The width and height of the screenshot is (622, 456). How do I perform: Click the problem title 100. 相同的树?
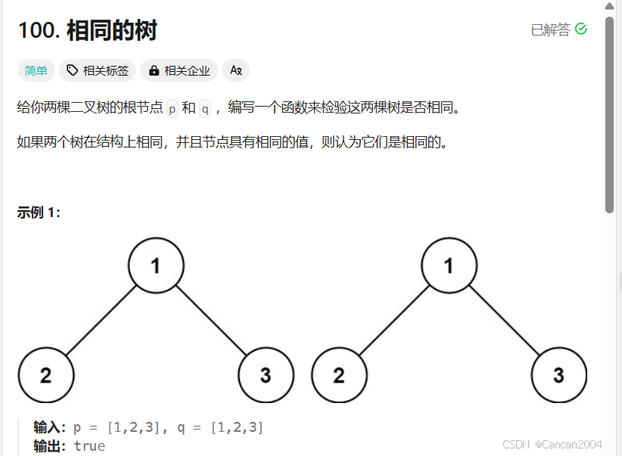pyautogui.click(x=87, y=31)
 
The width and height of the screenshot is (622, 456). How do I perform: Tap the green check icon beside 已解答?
pyautogui.click(x=581, y=29)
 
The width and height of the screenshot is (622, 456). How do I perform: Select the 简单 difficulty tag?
pyautogui.click(x=36, y=70)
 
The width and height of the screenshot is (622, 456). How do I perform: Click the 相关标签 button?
pyautogui.click(x=98, y=70)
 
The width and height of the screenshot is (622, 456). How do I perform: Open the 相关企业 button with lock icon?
pyautogui.click(x=179, y=70)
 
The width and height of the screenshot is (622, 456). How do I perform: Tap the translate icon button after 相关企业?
pyautogui.click(x=236, y=70)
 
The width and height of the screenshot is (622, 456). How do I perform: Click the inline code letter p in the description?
pyautogui.click(x=172, y=108)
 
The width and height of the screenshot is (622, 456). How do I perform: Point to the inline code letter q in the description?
pyautogui.click(x=205, y=108)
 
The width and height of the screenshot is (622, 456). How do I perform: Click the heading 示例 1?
pyautogui.click(x=39, y=212)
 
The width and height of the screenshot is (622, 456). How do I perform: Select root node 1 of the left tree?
pyautogui.click(x=156, y=265)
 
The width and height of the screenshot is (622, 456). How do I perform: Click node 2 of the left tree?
pyautogui.click(x=46, y=375)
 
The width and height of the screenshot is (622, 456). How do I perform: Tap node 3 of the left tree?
pyautogui.click(x=266, y=375)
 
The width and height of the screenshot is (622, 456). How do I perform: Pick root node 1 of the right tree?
pyautogui.click(x=449, y=265)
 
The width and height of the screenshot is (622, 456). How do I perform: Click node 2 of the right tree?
pyautogui.click(x=339, y=375)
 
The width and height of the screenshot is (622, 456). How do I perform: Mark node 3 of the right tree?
pyautogui.click(x=558, y=375)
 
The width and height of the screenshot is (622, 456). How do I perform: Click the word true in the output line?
pyautogui.click(x=89, y=445)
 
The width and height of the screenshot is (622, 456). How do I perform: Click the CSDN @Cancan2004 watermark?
pyautogui.click(x=552, y=445)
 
